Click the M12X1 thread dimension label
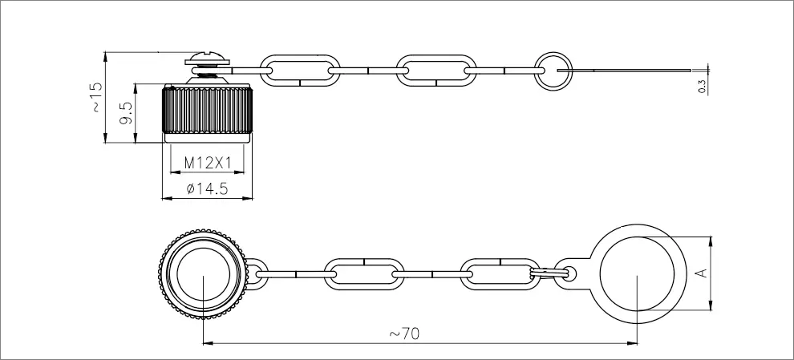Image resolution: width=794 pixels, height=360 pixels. tap(207, 163)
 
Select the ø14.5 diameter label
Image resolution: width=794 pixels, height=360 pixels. tap(207, 189)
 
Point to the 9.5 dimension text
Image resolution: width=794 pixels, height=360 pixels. tap(127, 113)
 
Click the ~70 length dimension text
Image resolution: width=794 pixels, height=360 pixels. tap(404, 334)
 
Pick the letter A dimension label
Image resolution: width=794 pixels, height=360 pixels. tap(702, 273)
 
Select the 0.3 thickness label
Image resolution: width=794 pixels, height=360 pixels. tap(702, 87)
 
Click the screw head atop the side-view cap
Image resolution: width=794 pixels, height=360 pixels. tap(208, 59)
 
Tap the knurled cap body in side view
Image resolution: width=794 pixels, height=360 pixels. tap(207, 111)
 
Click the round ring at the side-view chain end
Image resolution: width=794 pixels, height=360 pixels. tap(554, 71)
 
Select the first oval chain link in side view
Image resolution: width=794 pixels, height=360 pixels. tap(300, 71)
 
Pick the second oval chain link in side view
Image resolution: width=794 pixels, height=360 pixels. tap(436, 71)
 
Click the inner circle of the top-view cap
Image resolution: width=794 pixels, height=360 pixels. tap(203, 273)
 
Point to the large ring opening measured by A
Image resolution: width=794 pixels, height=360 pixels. tap(637, 274)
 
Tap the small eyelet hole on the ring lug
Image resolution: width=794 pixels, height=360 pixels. tap(570, 274)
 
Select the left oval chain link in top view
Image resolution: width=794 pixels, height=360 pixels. tap(364, 274)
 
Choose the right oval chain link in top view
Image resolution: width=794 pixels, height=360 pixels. tap(500, 274)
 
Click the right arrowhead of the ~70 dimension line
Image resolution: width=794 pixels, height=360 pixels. tap(633, 343)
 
